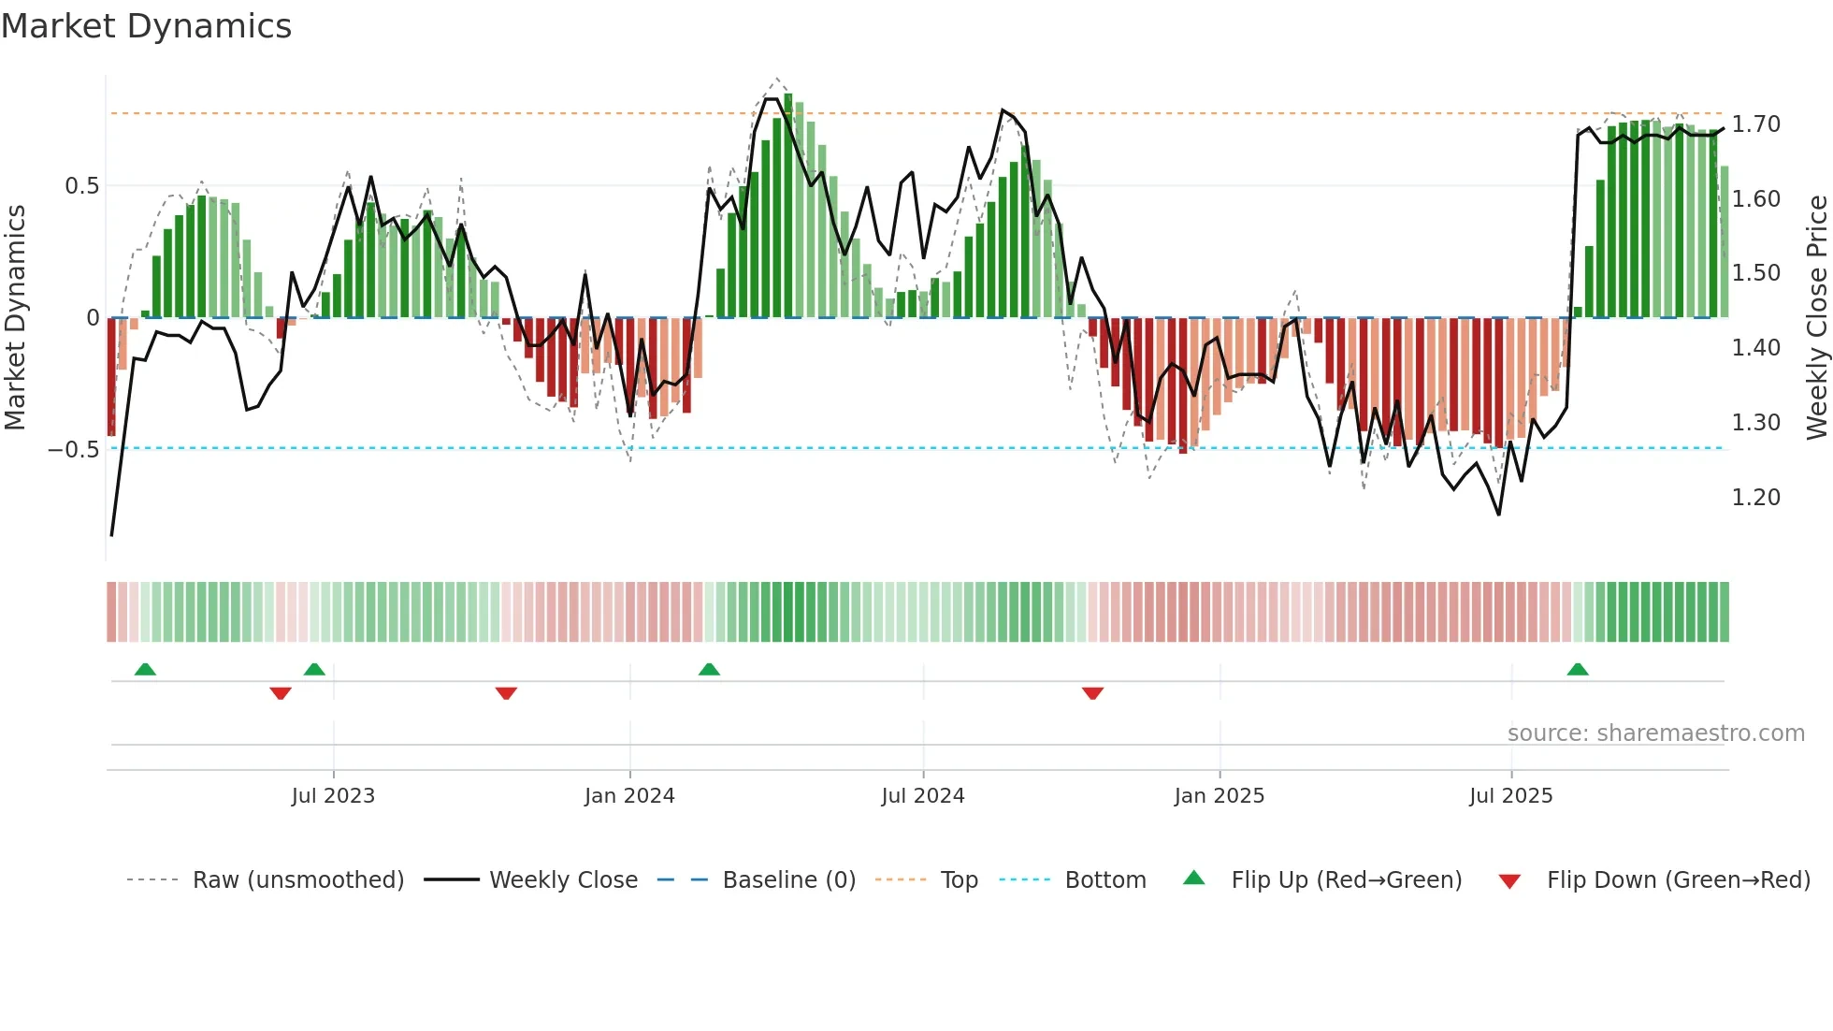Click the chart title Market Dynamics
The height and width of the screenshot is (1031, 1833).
(x=146, y=26)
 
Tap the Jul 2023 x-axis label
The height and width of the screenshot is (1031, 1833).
(x=333, y=796)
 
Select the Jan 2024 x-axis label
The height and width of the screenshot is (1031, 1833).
(x=629, y=796)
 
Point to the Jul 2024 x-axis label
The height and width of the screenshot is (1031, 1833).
(x=922, y=796)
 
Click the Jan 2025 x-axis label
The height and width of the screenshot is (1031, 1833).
(x=1220, y=796)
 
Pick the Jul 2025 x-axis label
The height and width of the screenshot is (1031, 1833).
(x=1510, y=796)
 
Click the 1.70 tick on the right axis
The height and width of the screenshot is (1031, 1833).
(x=1755, y=124)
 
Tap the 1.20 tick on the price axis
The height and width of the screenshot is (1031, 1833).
(x=1755, y=498)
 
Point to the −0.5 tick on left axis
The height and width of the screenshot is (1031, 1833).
(x=73, y=450)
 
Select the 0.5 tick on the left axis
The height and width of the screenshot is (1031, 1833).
(x=81, y=186)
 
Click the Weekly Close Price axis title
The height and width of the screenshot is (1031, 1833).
(x=1816, y=317)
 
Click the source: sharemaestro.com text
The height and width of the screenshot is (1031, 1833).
(x=1655, y=733)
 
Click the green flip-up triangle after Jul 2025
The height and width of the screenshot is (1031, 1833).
(x=1578, y=670)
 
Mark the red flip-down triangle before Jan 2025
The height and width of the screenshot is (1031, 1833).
(x=1092, y=693)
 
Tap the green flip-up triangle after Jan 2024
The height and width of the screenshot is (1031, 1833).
(x=709, y=670)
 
